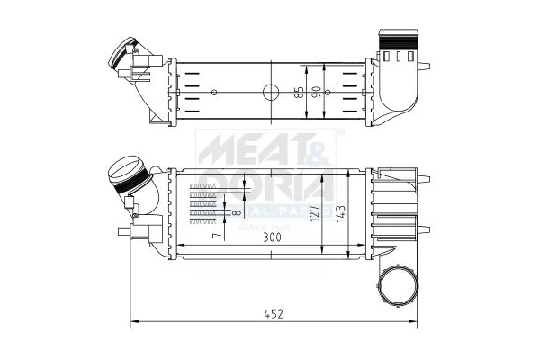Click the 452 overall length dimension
tap(274, 313)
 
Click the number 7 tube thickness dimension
tap(215, 236)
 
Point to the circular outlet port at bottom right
tap(396, 287)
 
